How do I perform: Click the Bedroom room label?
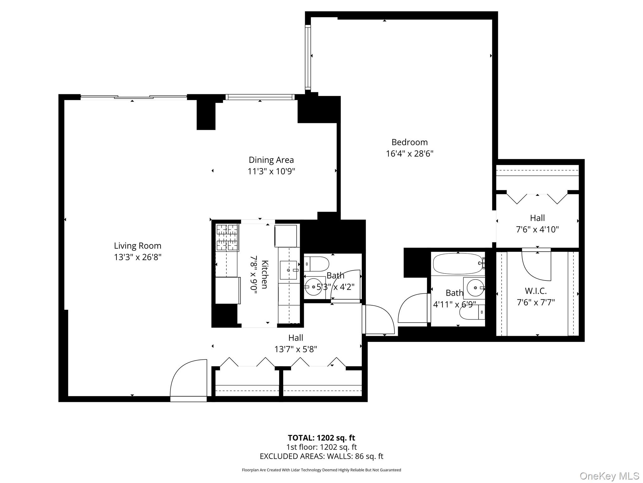(x=409, y=142)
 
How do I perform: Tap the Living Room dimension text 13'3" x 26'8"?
(x=138, y=257)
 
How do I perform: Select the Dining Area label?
(x=271, y=160)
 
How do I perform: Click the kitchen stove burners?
(x=227, y=237)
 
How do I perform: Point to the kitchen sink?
(x=288, y=270)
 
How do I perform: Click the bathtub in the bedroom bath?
(x=458, y=264)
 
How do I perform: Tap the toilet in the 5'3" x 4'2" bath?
(x=316, y=264)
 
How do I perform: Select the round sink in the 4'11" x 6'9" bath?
(x=475, y=287)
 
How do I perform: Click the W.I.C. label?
(x=536, y=291)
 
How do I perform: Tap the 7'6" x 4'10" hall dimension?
(x=537, y=230)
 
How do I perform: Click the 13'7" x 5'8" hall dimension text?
(x=295, y=349)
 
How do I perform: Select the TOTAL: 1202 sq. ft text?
(x=321, y=438)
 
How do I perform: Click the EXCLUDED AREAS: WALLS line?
(x=321, y=456)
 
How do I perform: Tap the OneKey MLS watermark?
(x=609, y=476)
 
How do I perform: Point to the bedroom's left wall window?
(x=308, y=57)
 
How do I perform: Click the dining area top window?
(x=260, y=97)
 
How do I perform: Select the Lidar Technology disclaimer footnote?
(x=321, y=470)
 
